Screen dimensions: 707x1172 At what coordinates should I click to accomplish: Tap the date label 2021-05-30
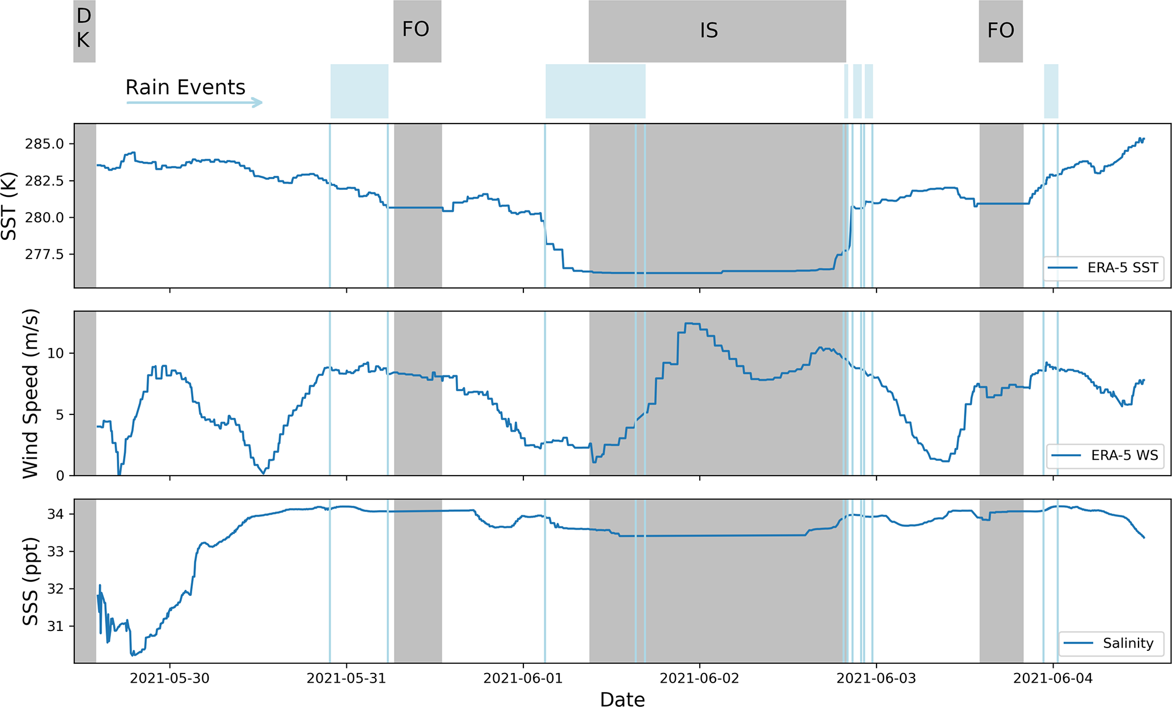pos(170,678)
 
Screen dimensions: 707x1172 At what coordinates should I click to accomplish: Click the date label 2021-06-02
pos(700,678)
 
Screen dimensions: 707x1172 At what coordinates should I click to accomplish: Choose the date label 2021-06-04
pos(1053,678)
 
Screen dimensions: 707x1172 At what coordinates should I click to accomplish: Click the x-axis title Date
pos(622,699)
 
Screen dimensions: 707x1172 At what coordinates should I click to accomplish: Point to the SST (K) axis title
pos(10,205)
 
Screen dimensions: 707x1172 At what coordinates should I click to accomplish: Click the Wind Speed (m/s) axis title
pos(30,393)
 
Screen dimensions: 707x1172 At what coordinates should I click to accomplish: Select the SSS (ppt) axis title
pos(30,581)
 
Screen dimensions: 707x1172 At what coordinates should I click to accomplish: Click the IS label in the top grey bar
pos(709,31)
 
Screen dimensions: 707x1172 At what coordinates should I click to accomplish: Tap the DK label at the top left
pos(83,28)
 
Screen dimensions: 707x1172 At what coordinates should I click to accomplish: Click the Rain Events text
pos(185,87)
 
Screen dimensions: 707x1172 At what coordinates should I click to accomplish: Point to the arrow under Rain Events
pos(194,103)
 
